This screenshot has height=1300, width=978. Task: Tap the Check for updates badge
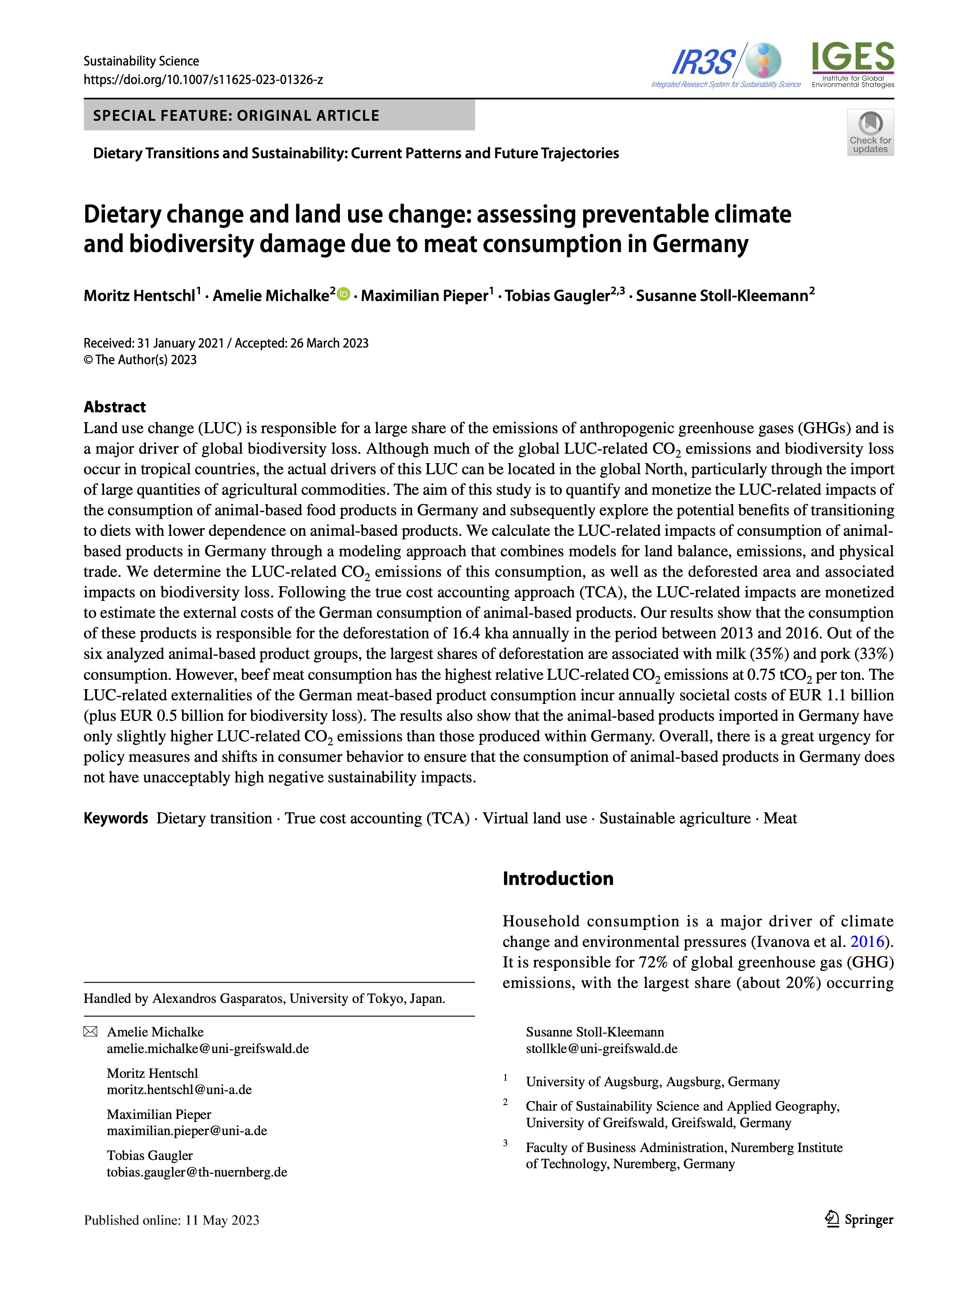870,132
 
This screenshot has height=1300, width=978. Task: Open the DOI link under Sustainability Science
203,79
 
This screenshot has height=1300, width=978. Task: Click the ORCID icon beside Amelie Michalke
343,293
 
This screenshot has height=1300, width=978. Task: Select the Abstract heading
114,407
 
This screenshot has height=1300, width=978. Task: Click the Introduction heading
558,878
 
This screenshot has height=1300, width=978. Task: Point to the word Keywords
116,818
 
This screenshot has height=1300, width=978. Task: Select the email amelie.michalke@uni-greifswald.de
207,1048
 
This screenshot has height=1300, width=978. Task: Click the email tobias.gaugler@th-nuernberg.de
197,1172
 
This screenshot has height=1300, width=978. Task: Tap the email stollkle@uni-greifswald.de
601,1048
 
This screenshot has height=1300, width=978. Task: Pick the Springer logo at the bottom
859,1220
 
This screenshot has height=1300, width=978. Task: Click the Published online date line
172,1220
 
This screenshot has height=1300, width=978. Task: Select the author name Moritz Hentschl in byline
139,296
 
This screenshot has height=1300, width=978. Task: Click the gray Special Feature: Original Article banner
279,115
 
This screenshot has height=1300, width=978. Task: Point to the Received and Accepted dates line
226,343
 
